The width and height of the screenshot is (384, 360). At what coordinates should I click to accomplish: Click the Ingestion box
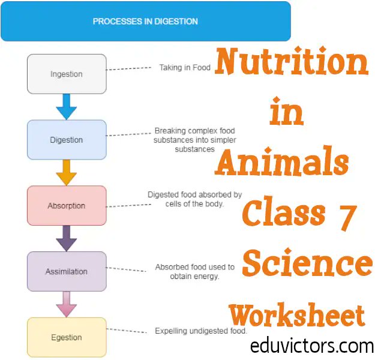(67, 74)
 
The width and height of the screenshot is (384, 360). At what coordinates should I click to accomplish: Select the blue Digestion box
(67, 140)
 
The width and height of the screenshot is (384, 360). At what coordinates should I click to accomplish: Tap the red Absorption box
(67, 206)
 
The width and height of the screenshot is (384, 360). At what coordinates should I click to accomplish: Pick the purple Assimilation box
(67, 271)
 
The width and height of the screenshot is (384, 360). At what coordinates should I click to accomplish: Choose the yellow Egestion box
(67, 337)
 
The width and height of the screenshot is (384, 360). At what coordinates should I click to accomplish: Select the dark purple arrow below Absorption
(67, 239)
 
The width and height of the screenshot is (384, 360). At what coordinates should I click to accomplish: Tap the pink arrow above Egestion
(67, 304)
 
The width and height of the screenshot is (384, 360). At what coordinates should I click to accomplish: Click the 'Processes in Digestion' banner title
(145, 22)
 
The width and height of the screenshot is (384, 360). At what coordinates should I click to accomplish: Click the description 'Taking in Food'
(185, 68)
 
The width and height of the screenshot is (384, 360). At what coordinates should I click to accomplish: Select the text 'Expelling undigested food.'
(201, 331)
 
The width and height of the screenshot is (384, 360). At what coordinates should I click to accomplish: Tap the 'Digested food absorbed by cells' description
(194, 199)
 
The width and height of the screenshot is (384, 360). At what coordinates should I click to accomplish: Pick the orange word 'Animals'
(282, 161)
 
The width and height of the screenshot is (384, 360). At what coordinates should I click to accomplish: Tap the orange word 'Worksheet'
(296, 316)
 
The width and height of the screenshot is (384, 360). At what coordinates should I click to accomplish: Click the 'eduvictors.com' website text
(312, 346)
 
